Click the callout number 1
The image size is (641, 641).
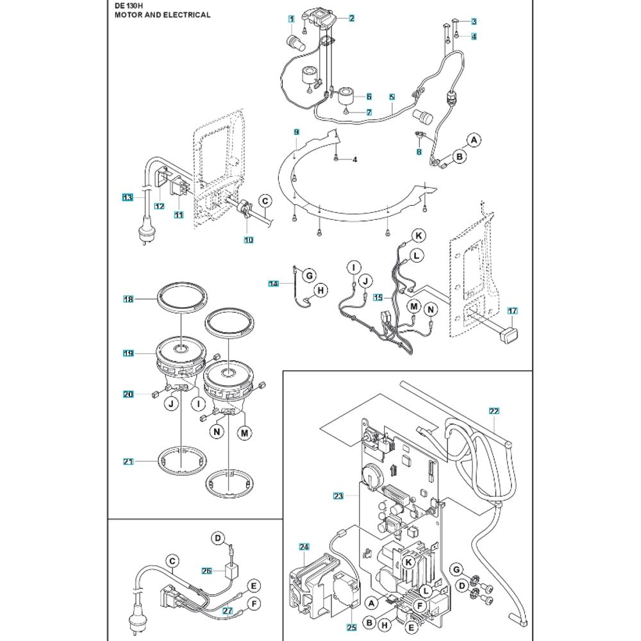click(292, 19)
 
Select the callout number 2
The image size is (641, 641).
click(352, 19)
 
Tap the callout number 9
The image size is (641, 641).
click(297, 131)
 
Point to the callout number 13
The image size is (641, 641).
click(128, 198)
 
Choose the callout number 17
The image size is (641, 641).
click(512, 311)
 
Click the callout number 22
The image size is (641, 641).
click(494, 411)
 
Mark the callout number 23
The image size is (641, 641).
click(338, 495)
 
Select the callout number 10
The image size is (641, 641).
click(248, 240)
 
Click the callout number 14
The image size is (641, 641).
click(274, 282)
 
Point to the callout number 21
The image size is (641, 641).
click(128, 462)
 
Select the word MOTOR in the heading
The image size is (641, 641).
click(122, 14)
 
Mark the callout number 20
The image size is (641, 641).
click(128, 394)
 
